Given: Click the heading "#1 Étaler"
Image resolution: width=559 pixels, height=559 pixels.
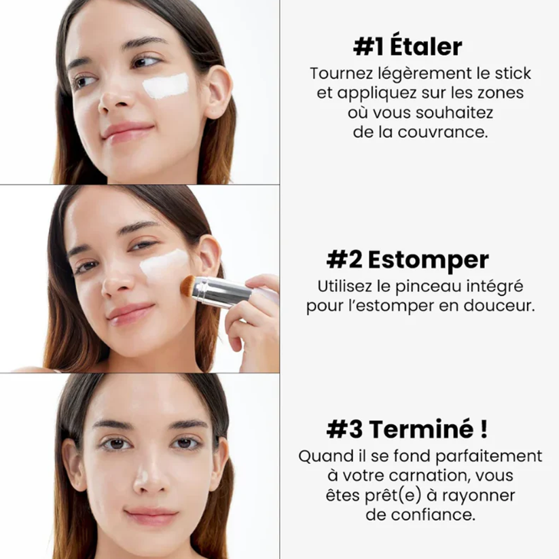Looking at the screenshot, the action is (x=408, y=46).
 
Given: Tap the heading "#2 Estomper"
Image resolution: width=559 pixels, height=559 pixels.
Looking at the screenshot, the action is (x=408, y=260).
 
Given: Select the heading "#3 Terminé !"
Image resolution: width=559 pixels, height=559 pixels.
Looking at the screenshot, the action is (x=407, y=429).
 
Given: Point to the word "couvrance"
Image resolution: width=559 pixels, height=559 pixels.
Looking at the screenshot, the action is (x=442, y=132).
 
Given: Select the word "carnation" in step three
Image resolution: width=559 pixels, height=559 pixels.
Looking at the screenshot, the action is (x=429, y=475).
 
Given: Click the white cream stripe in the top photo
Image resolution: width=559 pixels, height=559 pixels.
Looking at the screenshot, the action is (x=166, y=86).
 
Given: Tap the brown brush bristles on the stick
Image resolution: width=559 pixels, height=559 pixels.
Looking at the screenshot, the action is (x=187, y=285).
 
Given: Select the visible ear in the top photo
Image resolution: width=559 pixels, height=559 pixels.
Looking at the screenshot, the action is (x=219, y=92).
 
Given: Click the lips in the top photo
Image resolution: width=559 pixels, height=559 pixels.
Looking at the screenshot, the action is (x=127, y=131).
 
